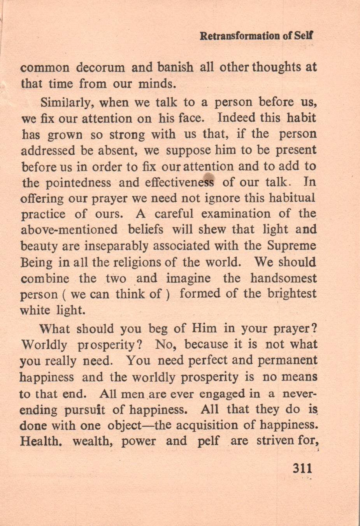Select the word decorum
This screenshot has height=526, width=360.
[100, 67]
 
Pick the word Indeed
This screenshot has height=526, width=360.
[237, 117]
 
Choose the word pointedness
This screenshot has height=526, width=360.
[78, 182]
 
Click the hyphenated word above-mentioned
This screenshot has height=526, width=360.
[68, 230]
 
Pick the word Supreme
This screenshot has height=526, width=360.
[292, 246]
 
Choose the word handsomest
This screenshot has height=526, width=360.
[283, 278]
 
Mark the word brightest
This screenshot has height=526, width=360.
[292, 294]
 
